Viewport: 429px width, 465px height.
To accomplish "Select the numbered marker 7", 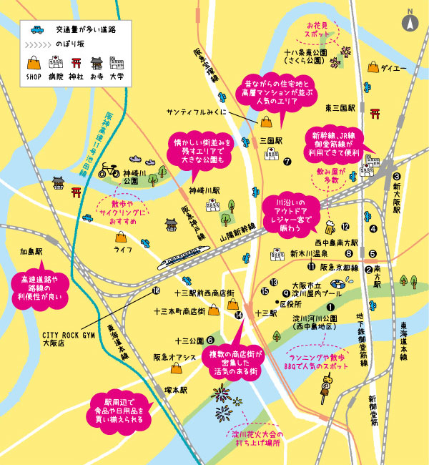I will tap(287, 162).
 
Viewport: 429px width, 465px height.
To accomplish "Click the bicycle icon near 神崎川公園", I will tap(109, 170).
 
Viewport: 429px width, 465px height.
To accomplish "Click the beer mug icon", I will tap(330, 229).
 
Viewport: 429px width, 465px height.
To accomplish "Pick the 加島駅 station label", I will tap(32, 252).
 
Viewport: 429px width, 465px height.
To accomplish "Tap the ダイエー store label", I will tap(394, 69).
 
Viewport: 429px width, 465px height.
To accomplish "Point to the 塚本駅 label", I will tap(174, 391).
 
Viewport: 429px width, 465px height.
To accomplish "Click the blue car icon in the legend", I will tap(36, 30).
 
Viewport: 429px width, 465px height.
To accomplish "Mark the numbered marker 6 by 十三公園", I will tap(210, 340).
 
